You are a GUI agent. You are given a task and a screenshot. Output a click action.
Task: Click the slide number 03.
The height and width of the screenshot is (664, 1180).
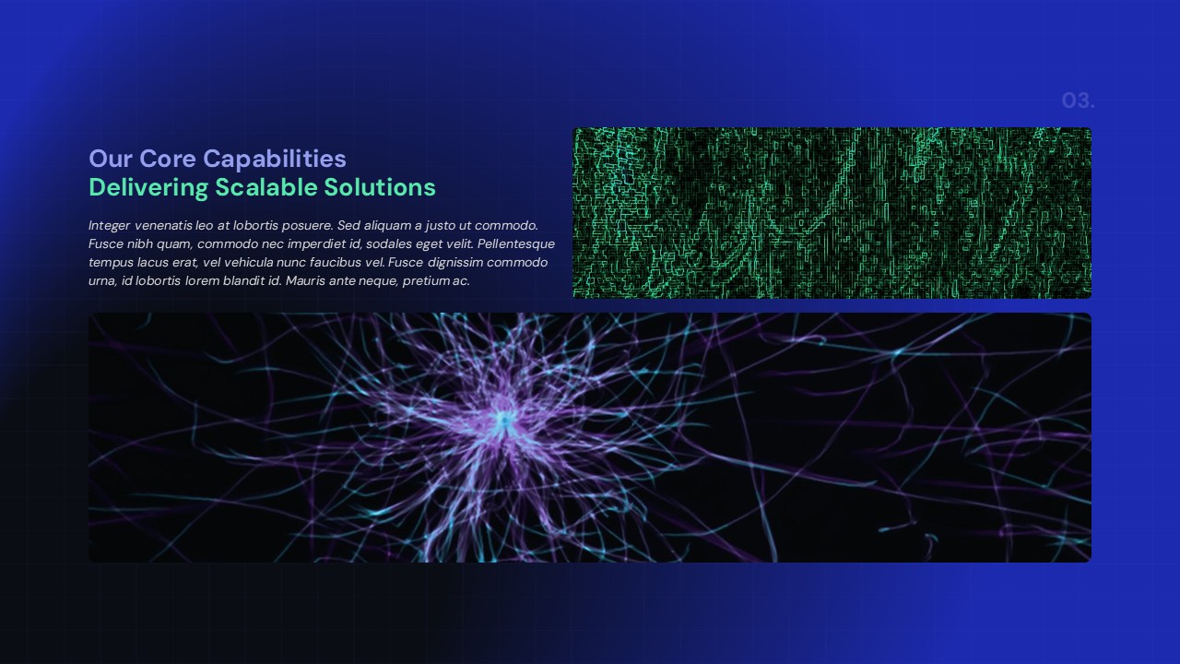(1078, 101)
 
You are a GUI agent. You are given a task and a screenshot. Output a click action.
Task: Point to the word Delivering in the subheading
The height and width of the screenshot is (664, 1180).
(148, 188)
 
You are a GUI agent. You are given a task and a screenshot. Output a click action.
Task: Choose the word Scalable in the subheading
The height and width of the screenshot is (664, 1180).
(265, 188)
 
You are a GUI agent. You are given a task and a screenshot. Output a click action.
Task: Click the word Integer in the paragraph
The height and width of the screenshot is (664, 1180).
(110, 225)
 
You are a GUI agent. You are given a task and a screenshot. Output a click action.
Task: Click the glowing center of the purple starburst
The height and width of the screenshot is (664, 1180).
(502, 421)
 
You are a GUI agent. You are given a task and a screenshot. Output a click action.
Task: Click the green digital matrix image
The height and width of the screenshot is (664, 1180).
(832, 213)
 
